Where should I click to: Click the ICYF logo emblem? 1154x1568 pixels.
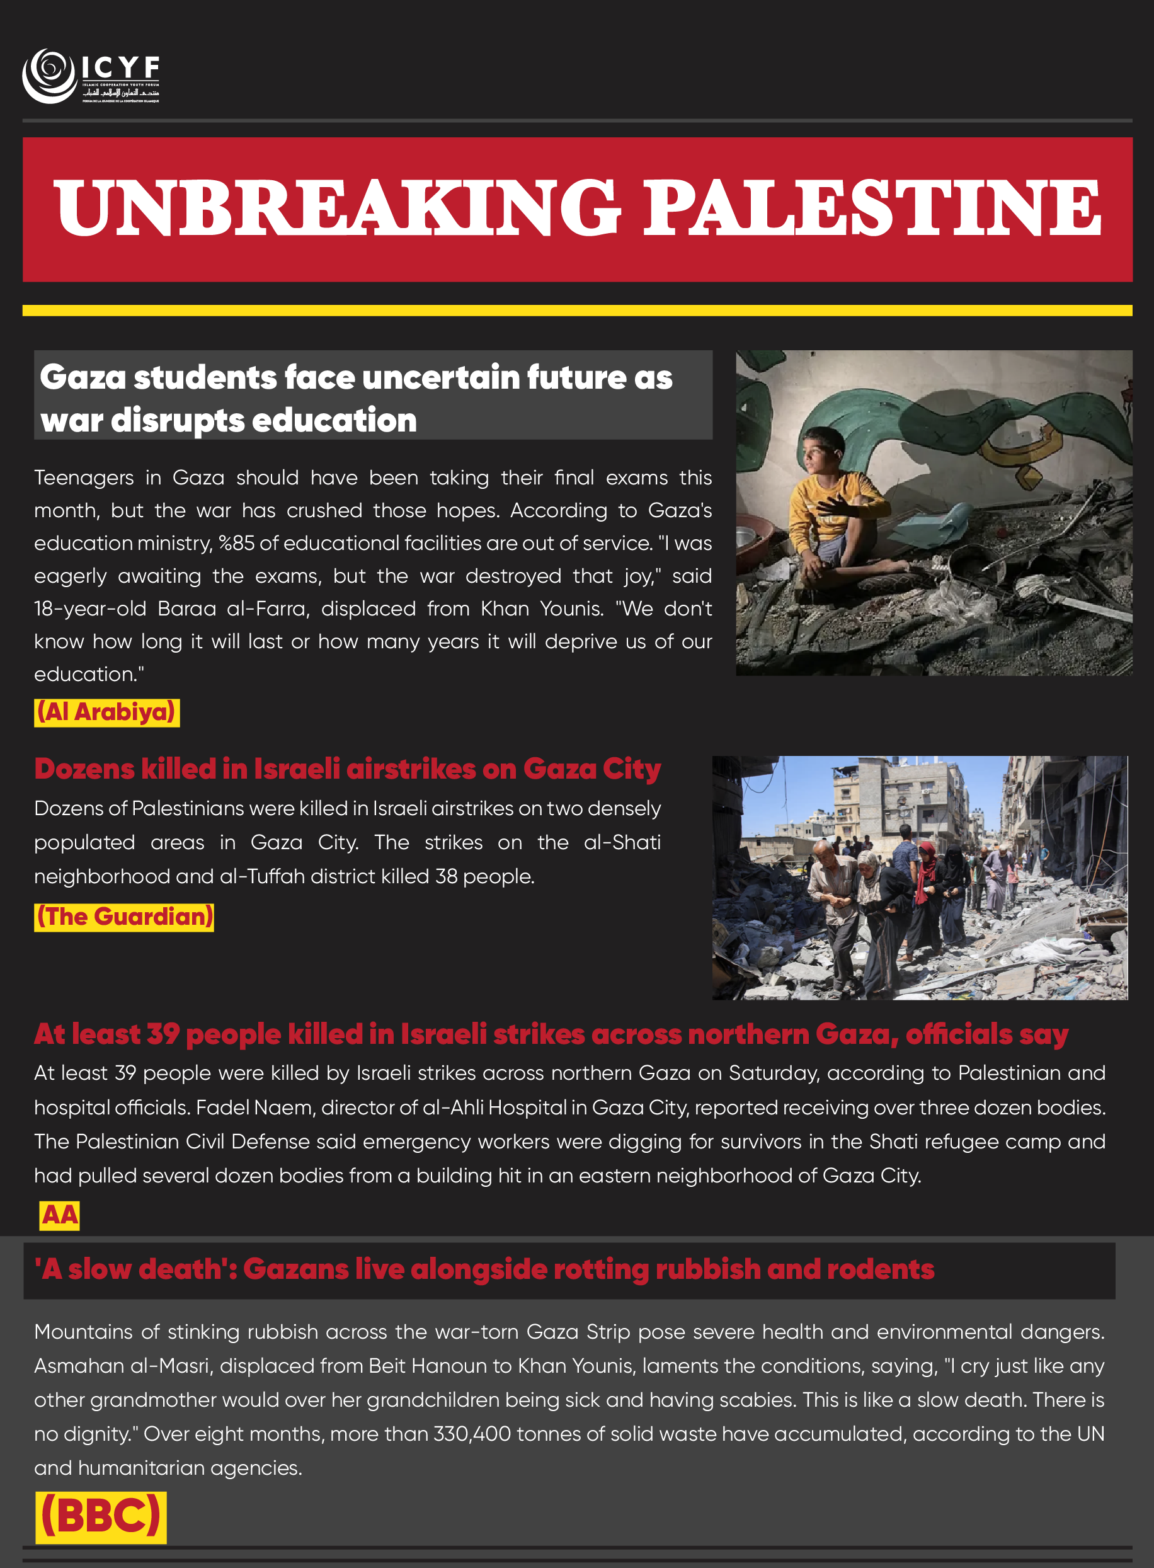tap(49, 76)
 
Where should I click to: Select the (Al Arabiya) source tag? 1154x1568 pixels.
tap(106, 712)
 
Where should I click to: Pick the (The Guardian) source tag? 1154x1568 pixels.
tap(123, 917)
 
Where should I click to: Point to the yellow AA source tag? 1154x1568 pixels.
tap(59, 1215)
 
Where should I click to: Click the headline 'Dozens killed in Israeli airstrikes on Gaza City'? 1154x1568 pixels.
tap(347, 769)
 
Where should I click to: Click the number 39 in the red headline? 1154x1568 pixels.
tap(163, 1034)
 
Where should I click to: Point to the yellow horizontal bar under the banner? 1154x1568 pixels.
tap(577, 310)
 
